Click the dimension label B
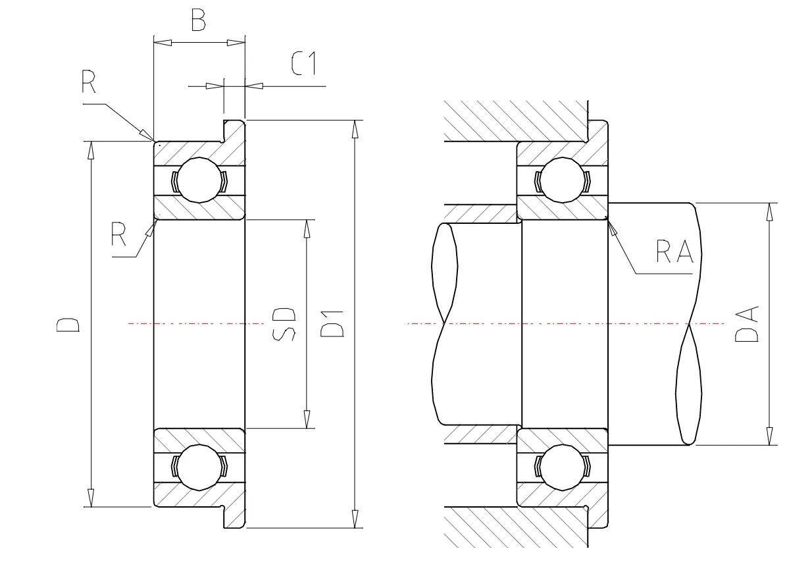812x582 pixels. [198, 20]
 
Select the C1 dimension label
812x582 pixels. [303, 63]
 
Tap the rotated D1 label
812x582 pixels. [332, 324]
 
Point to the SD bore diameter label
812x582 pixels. [284, 324]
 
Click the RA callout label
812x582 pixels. [675, 251]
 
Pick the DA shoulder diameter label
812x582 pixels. [746, 324]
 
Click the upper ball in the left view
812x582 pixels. [199, 180]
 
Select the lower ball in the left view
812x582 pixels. [199, 467]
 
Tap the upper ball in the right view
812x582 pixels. [563, 180]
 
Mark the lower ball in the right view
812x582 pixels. [563, 467]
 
